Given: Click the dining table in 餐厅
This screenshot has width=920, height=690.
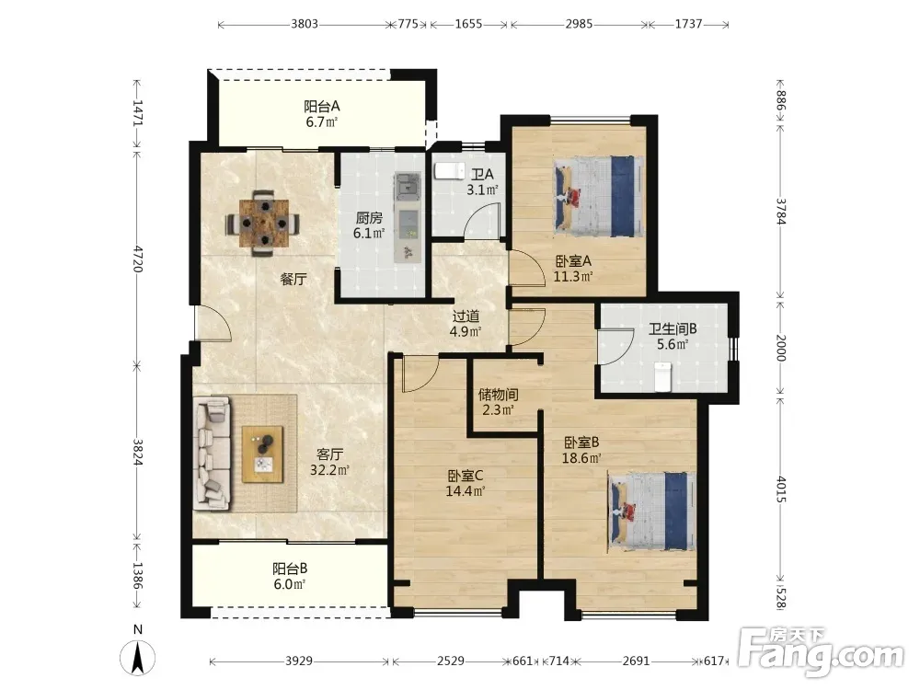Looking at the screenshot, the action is [x=263, y=223].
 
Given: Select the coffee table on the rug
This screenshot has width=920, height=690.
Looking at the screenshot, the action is [x=263, y=454].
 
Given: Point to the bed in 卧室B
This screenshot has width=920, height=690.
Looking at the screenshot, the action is [x=652, y=511].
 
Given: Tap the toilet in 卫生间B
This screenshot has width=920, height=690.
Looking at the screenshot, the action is [x=663, y=376].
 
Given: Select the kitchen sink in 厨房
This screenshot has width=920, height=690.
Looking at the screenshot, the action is [x=408, y=186].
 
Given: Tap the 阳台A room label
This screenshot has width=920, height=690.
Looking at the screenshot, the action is [x=321, y=106].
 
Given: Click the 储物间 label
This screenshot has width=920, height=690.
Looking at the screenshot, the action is [x=498, y=394].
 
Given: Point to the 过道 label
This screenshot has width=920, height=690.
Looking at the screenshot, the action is [x=466, y=316].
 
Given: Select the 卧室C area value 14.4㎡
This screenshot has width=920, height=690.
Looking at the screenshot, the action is [x=466, y=491].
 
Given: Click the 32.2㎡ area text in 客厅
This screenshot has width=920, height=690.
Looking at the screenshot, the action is [x=329, y=469].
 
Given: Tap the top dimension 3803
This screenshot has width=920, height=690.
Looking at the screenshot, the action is [x=305, y=24].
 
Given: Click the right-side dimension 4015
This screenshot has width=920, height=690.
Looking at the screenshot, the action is [x=781, y=489].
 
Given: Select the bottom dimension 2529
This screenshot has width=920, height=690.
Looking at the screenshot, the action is [x=451, y=661].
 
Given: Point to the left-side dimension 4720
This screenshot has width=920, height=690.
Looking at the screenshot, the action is [x=137, y=259].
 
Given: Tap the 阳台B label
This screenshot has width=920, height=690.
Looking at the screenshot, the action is [x=290, y=569].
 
